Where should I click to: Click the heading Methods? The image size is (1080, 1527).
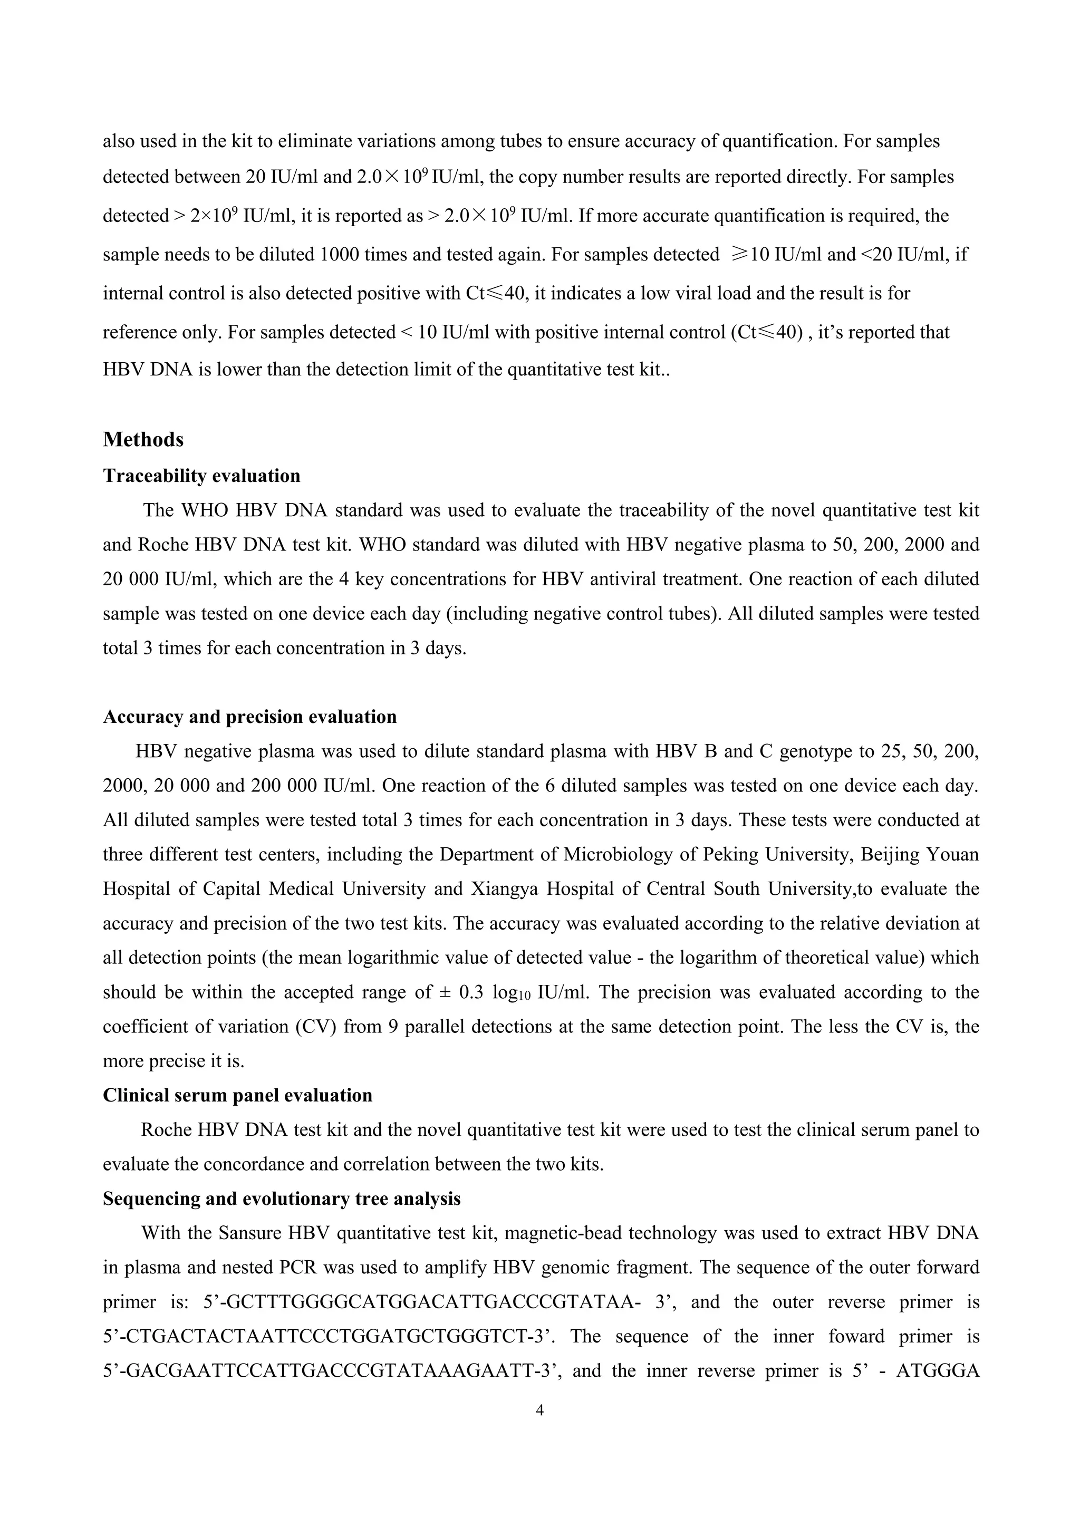pyautogui.click(x=143, y=440)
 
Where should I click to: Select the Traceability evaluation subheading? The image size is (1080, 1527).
pyautogui.click(x=201, y=476)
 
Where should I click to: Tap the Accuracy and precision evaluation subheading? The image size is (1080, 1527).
pyautogui.click(x=249, y=717)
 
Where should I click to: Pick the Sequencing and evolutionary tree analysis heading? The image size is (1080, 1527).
pyautogui.click(x=281, y=1199)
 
